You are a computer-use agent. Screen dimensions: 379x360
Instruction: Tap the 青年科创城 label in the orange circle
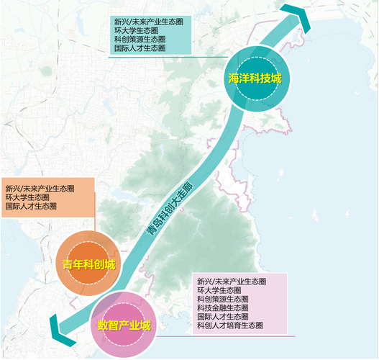(x=86, y=264)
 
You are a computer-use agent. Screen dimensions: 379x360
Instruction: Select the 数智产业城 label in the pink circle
(x=124, y=325)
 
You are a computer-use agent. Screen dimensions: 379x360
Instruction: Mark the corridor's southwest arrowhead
(x=52, y=332)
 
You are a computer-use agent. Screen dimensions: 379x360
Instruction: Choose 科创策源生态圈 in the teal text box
(x=140, y=39)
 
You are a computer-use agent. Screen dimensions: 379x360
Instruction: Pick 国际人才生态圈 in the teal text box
(x=140, y=48)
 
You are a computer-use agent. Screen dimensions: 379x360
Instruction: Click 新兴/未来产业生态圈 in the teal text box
(x=147, y=22)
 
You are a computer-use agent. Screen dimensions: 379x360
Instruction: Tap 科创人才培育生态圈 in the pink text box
(x=229, y=325)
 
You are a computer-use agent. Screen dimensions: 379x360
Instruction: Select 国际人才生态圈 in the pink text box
(x=222, y=317)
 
